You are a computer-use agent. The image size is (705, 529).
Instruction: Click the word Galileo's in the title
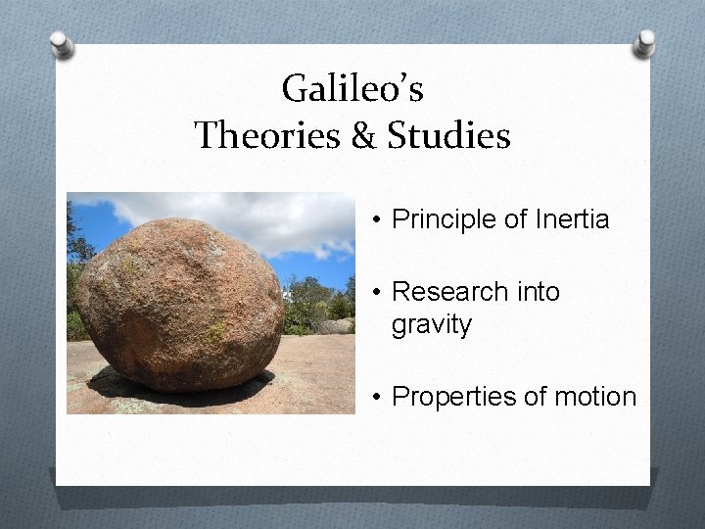352,89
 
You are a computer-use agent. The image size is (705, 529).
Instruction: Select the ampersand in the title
362,135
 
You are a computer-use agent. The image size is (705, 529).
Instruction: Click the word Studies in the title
449,135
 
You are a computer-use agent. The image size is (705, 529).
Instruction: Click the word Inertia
572,219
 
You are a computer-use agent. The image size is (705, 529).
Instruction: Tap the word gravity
431,324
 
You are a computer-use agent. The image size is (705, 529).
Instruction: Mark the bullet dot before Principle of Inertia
376,220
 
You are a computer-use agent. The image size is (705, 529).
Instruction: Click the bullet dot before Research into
376,293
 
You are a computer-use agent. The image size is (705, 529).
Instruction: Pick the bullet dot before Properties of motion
376,398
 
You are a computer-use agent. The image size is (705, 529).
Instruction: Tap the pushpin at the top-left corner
62,43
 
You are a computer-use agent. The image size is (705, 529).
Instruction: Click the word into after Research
539,292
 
